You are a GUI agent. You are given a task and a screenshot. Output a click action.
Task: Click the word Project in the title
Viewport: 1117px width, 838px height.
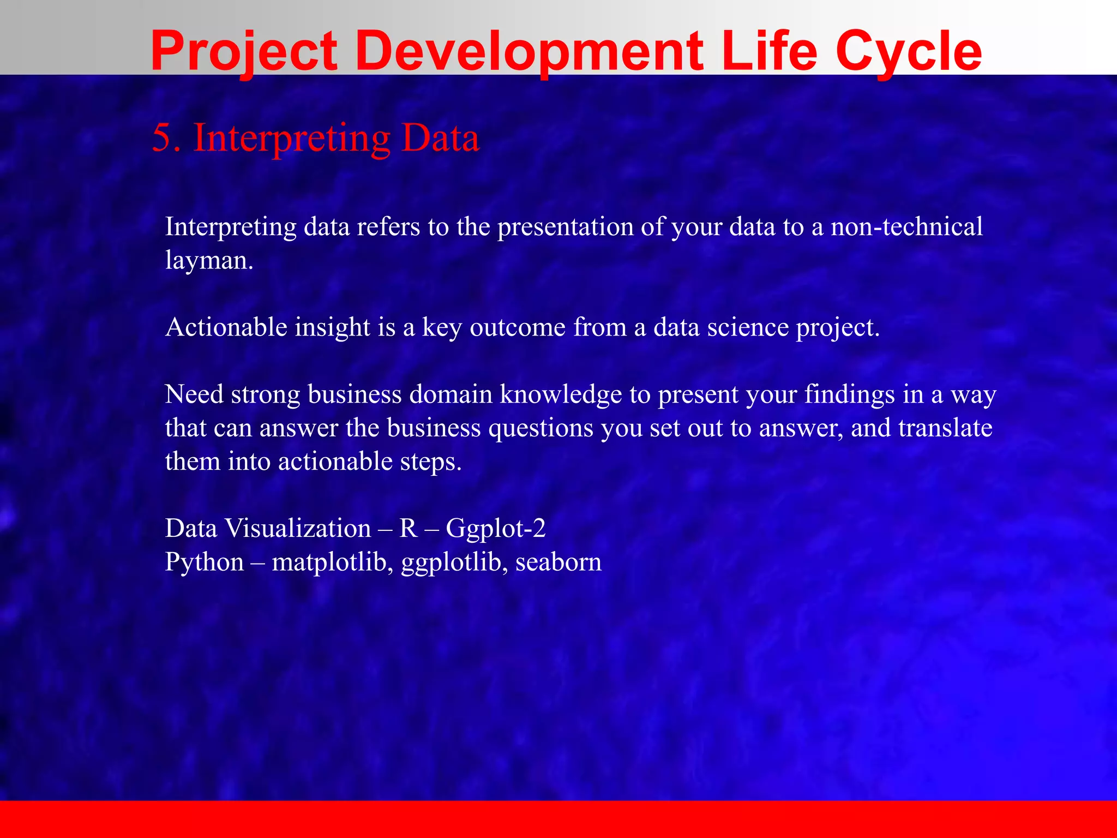tap(244, 52)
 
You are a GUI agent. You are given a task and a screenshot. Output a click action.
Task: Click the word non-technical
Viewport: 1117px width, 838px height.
tap(906, 226)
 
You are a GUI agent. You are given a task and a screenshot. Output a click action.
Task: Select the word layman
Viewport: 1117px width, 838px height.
tap(208, 261)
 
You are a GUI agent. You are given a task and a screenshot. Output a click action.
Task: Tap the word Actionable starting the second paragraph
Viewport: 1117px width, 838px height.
tap(226, 327)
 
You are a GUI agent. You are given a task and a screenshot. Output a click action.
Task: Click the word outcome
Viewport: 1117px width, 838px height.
tap(518, 327)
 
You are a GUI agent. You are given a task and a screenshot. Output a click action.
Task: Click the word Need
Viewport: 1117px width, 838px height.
tap(194, 394)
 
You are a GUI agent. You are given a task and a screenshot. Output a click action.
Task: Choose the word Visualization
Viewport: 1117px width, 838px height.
tap(298, 529)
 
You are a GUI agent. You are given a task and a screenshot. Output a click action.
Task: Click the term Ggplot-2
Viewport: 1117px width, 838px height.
tap(496, 529)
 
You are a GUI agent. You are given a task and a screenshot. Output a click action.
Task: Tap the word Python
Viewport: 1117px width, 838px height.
tap(205, 562)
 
